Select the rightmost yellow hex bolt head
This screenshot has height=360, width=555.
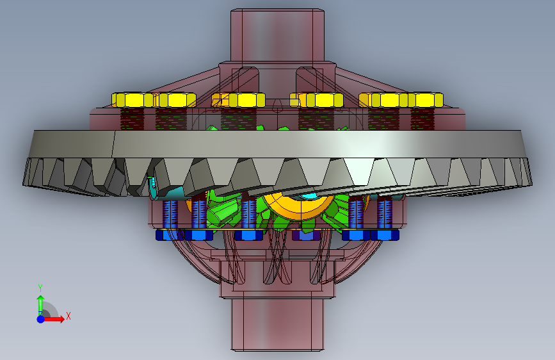(x=426, y=100)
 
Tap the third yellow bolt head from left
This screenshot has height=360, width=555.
(x=238, y=100)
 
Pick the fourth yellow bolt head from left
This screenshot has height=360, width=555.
(x=317, y=100)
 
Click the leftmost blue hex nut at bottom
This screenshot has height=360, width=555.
(x=170, y=235)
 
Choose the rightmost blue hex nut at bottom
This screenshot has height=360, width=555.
(x=385, y=235)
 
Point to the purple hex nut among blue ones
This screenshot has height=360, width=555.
(x=306, y=235)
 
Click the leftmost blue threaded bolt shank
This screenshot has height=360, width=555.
(x=170, y=214)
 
